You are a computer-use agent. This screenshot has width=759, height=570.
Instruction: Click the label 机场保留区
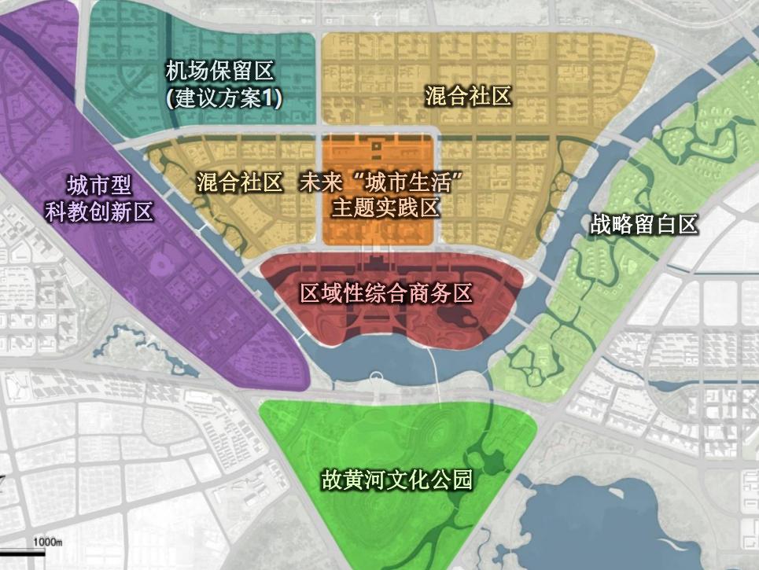coord(219,72)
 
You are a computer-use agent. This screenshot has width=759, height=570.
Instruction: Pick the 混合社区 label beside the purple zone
coord(238,183)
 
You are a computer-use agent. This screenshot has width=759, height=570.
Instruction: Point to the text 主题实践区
coord(385,208)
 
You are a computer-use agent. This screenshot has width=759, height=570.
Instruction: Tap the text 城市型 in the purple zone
coord(99,186)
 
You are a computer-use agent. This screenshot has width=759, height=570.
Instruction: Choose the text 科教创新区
coord(99,212)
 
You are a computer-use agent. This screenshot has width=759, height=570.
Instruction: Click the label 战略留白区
coord(643,225)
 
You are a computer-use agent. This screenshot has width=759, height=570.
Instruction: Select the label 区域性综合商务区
coord(387,294)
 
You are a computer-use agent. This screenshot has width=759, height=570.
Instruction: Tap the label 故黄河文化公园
coord(396,480)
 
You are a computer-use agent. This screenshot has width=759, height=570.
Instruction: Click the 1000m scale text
coord(47,542)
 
